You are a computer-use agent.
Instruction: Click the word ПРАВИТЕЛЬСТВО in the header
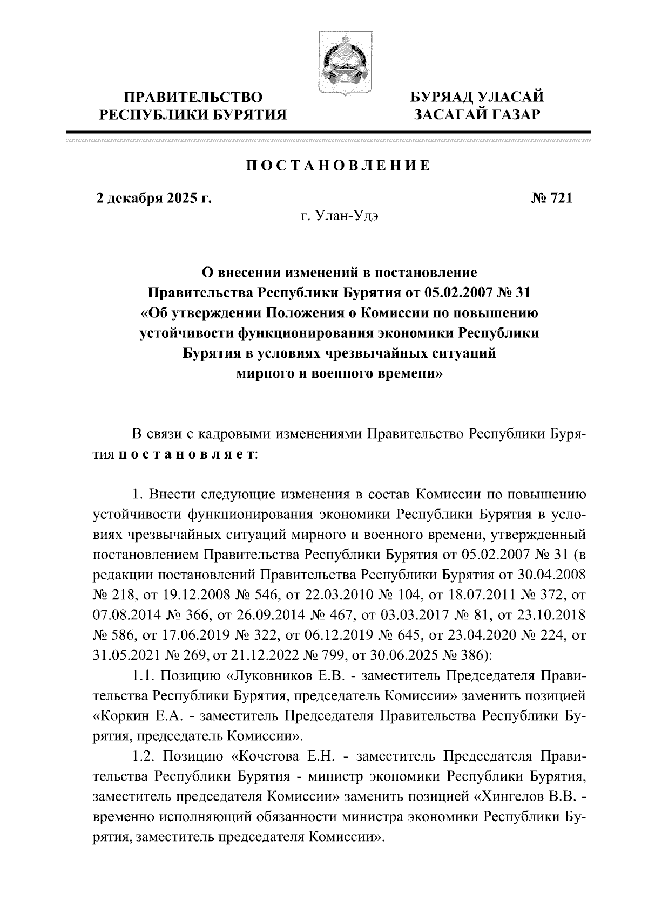point(194,98)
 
